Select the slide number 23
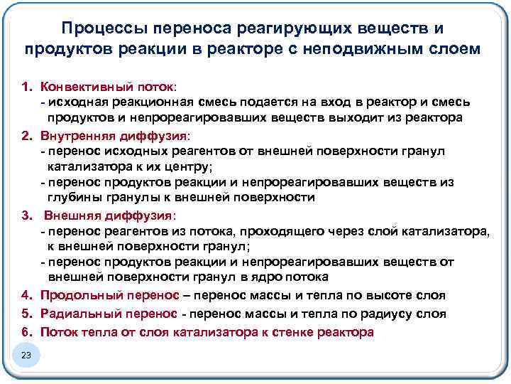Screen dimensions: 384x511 (x=27, y=354)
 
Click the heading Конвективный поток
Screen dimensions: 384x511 (x=106, y=87)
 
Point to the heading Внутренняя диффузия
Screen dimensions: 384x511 (x=110, y=135)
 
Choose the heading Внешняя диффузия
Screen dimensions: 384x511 (x=106, y=215)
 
